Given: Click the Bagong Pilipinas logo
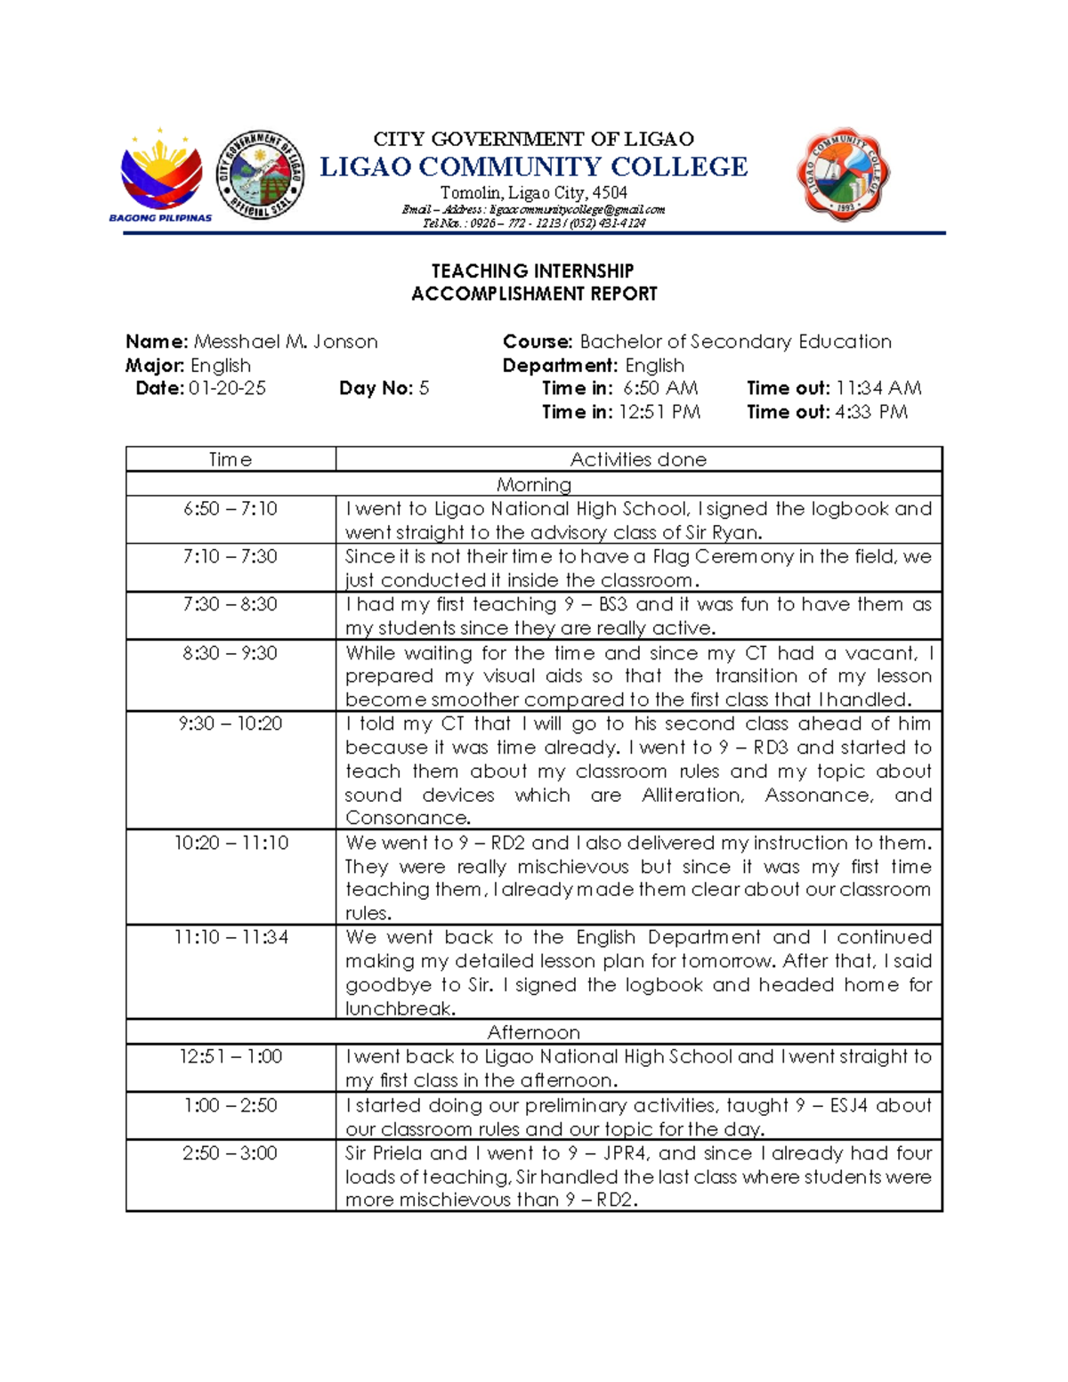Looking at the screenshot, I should (x=161, y=175).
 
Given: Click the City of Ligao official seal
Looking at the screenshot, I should (x=261, y=174).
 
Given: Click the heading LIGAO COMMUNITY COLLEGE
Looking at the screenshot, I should (x=533, y=167).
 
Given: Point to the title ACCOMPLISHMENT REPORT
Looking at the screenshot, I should (x=534, y=294).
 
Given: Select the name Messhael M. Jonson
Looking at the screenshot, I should (x=286, y=342).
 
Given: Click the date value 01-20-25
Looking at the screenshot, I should (x=227, y=388).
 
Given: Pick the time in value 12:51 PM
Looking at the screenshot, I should (x=659, y=412).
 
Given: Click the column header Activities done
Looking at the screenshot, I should (x=638, y=459).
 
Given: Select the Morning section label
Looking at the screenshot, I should (x=533, y=484).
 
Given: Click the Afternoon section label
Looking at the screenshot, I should (x=533, y=1032).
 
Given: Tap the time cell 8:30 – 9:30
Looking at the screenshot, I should (x=231, y=652).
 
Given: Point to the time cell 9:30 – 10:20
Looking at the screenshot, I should (x=231, y=723).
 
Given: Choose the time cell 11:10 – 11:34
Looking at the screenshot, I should (x=231, y=937).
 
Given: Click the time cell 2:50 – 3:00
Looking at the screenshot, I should (x=231, y=1153).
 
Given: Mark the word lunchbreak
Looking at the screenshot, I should (x=400, y=1008).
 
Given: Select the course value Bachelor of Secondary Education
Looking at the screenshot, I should (x=735, y=342).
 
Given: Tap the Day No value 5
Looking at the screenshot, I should (x=424, y=388).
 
